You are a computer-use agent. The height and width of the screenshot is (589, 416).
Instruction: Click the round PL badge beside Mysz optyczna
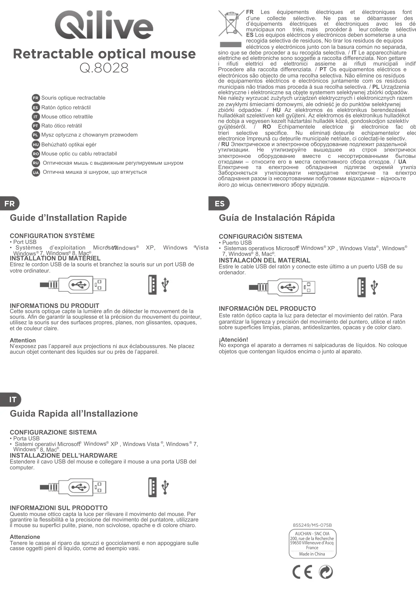pos(36,135)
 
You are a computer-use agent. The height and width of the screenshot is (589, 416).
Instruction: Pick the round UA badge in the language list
pos(36,172)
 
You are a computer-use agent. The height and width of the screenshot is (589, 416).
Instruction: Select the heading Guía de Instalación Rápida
pos(277,218)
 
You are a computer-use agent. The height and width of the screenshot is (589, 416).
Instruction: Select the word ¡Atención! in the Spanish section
pos(233,340)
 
